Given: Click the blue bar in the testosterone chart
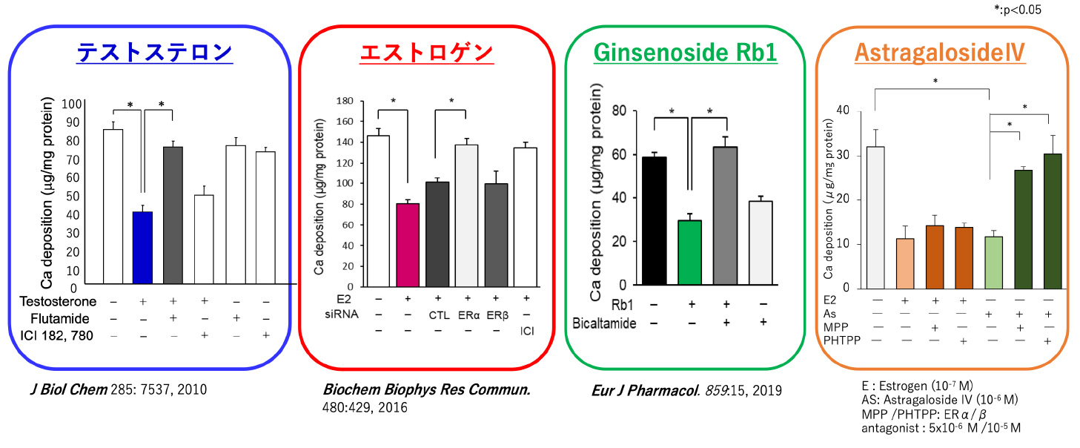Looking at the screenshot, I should tap(142, 248).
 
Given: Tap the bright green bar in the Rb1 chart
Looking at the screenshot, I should tap(689, 253).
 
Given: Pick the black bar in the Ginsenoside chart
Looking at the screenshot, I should tap(654, 221).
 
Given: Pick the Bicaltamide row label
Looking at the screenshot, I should tap(604, 323).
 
